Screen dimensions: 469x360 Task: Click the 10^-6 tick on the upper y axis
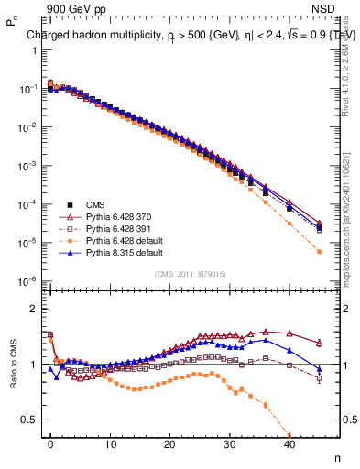[27, 281]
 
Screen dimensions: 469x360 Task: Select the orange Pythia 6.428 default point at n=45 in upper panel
[319, 251]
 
